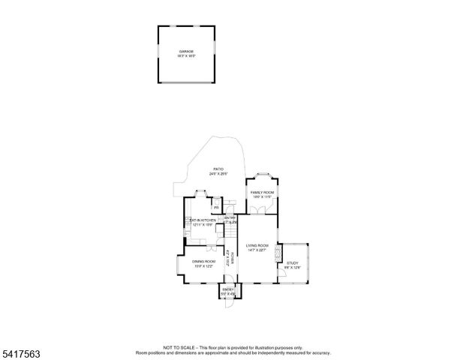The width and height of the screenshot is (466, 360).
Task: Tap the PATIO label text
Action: point(218,169)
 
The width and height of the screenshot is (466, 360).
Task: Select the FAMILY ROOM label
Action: point(262,193)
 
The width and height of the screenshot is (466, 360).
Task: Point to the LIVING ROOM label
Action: point(257,245)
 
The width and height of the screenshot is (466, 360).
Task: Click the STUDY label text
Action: point(292,263)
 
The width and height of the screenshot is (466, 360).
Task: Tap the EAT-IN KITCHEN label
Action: point(203,220)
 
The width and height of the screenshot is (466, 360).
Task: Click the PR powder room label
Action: point(216,207)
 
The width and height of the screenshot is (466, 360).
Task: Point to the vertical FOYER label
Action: point(233,259)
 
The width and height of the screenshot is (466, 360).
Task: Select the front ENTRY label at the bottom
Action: point(228,289)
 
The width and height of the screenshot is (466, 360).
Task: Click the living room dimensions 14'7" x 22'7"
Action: point(257,250)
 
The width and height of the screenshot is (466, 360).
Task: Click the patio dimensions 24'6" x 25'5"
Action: point(218,174)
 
